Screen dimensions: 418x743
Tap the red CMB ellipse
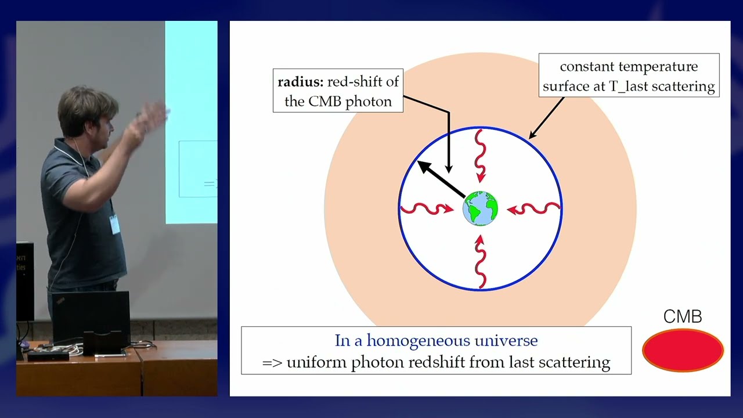pos(683,350)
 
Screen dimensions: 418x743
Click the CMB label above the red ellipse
pos(683,317)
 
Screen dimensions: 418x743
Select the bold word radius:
pos(300,81)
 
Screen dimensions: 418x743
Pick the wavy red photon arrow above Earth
pos(481,154)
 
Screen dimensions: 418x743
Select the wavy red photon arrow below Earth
pos(481,264)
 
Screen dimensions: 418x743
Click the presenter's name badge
pos(114,224)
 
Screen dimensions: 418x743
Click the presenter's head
pos(86,113)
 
